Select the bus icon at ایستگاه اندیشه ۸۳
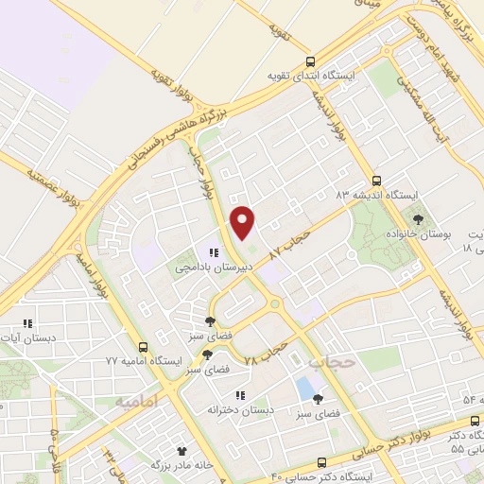point(377,179)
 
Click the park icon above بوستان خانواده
point(419,218)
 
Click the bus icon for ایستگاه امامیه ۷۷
point(143,347)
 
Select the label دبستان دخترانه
point(241,410)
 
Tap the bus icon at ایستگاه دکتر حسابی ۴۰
point(322,462)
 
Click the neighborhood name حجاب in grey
point(335,360)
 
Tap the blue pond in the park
point(304,388)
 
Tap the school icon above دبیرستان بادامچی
point(215,253)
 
